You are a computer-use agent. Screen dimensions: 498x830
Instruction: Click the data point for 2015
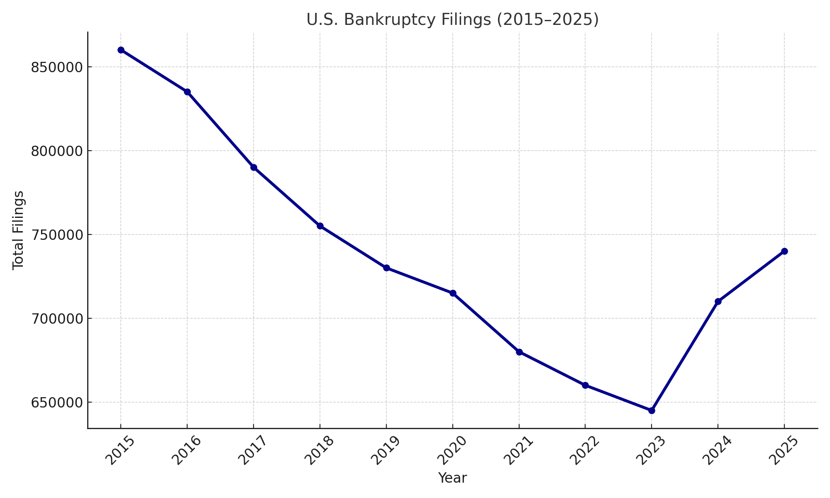(121, 50)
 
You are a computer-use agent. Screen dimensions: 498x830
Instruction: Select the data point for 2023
(652, 410)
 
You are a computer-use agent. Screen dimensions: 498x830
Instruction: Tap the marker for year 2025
(784, 251)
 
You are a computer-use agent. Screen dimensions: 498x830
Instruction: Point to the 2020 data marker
(453, 293)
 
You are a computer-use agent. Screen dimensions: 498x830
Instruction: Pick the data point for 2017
(254, 167)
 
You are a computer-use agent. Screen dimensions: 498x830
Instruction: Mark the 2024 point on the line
(718, 301)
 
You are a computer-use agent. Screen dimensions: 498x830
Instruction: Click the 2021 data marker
(519, 352)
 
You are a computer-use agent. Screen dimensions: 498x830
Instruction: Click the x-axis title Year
(452, 478)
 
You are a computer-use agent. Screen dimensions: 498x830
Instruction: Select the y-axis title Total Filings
(18, 230)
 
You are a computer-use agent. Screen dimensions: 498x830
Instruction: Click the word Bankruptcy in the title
(396, 20)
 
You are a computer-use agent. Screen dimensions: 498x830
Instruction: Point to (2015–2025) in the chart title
(548, 20)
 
